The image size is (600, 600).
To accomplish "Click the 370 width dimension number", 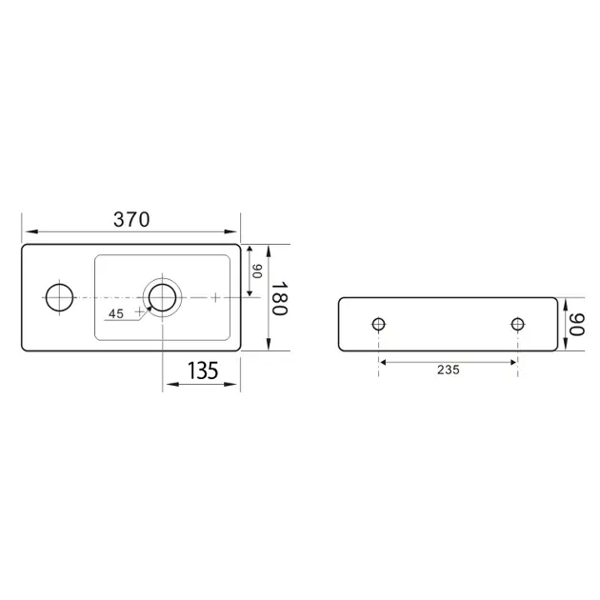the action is click(131, 220).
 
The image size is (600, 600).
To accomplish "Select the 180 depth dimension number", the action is click(279, 298).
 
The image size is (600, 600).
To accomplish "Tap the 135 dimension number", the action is click(203, 370).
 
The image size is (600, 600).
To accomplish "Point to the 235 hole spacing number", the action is click(448, 370).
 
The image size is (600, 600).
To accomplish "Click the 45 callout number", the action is click(116, 313).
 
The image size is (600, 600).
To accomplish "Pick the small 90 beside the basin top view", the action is click(257, 270).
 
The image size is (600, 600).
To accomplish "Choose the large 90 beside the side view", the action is click(576, 325).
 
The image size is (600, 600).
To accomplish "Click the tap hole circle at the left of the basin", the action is click(59, 284).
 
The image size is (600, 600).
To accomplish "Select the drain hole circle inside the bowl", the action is click(163, 284).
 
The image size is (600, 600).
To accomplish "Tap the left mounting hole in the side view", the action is click(378, 318).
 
